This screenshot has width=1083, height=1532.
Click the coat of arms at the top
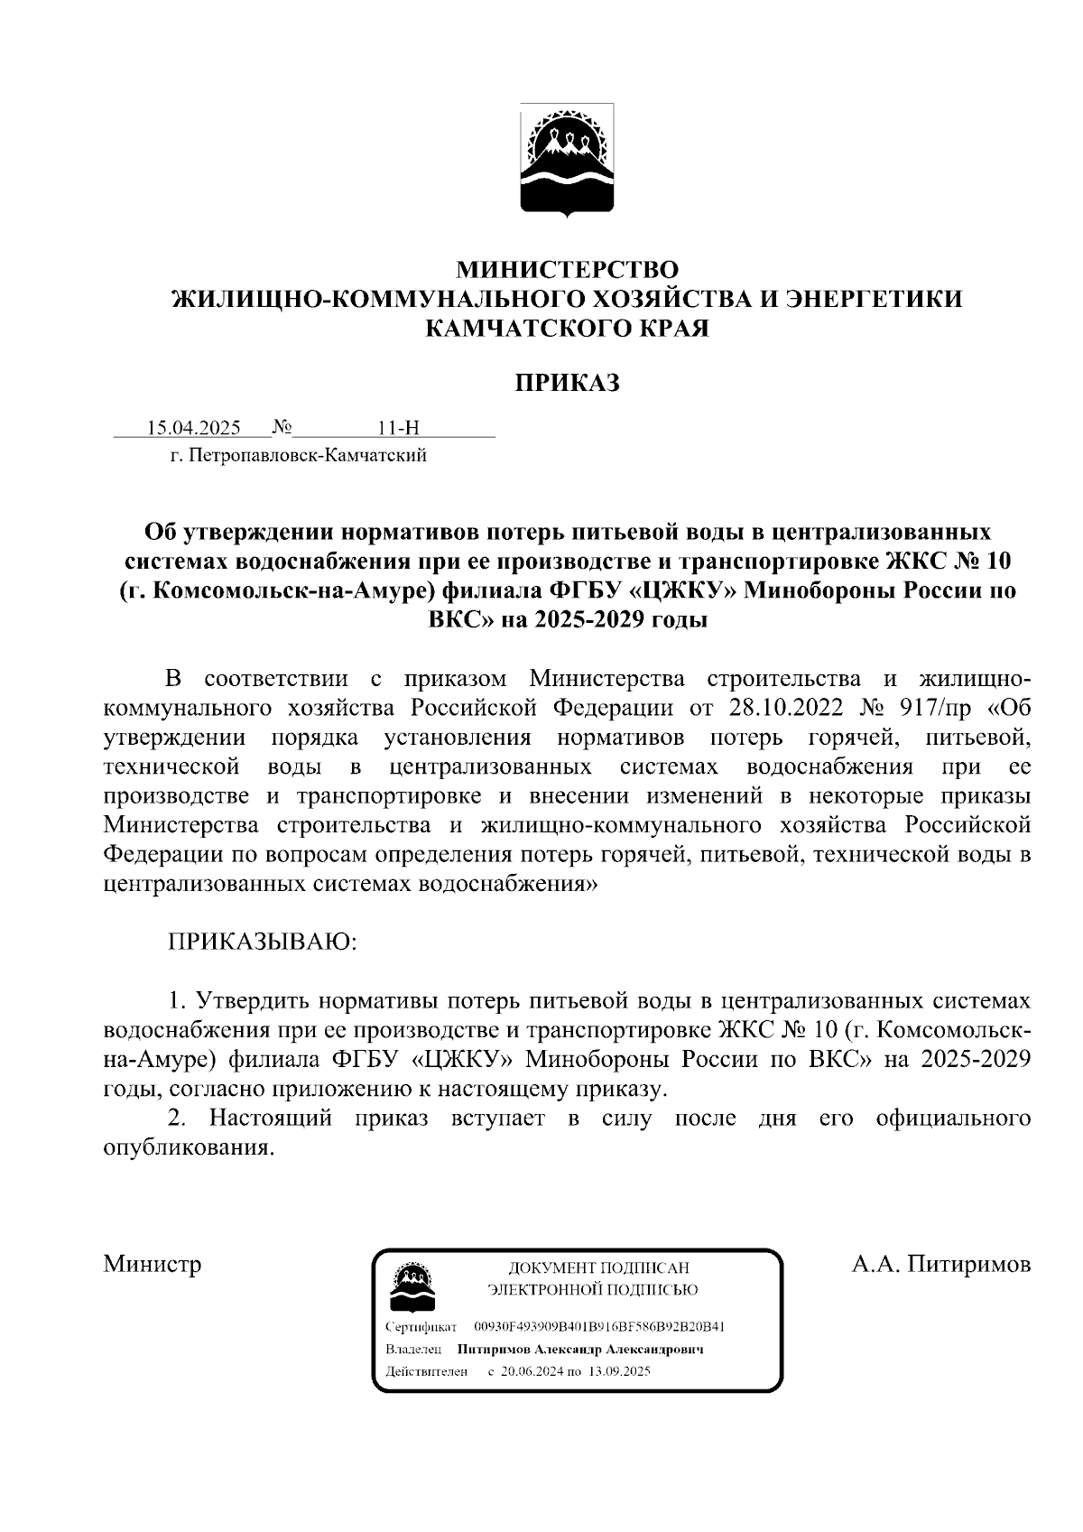(x=567, y=161)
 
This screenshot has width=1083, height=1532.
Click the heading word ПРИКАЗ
(x=567, y=384)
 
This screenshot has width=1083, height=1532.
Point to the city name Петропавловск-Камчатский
(x=305, y=456)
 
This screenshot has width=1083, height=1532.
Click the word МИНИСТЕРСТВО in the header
(x=567, y=269)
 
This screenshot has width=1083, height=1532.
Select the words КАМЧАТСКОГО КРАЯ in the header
(x=567, y=328)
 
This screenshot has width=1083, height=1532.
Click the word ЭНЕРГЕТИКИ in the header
(x=875, y=299)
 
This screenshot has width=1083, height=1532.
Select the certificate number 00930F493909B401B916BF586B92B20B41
(x=599, y=1327)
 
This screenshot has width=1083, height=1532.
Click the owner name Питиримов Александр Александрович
(x=579, y=1351)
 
